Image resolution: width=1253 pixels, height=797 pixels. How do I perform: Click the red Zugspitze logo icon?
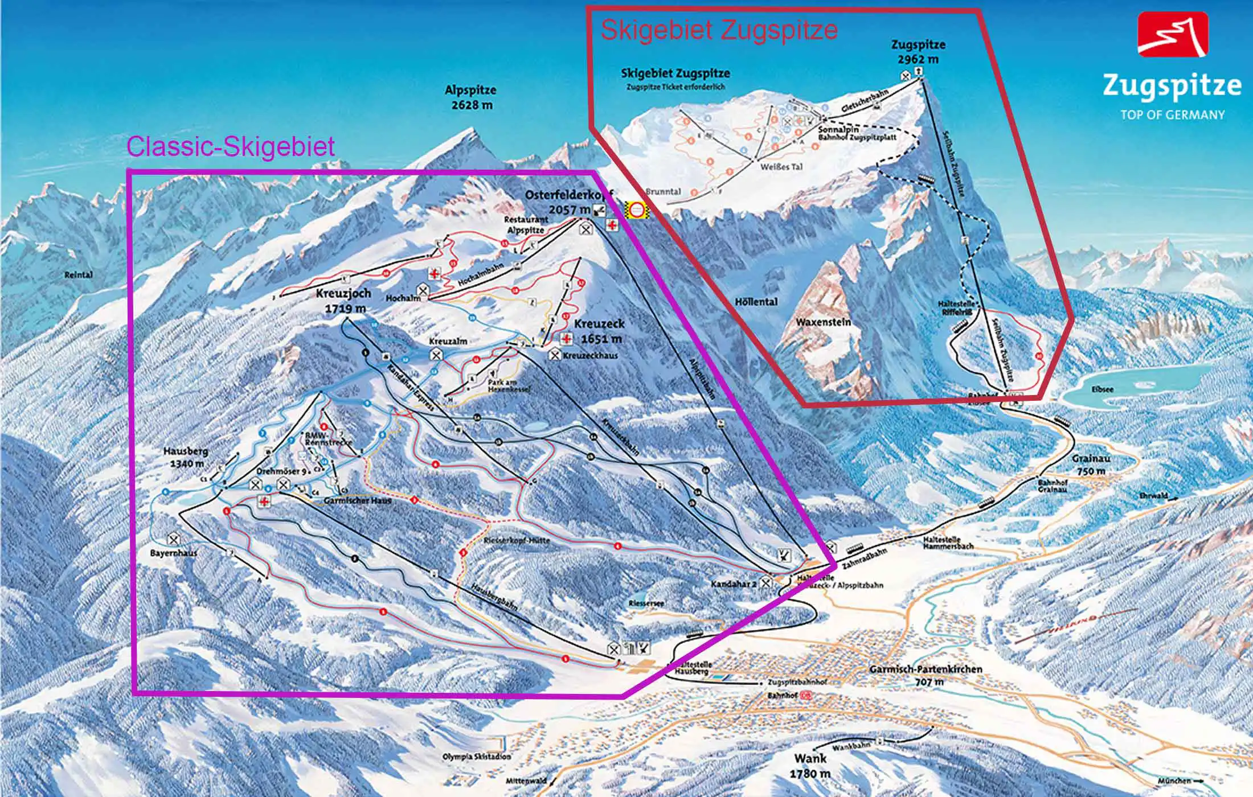pyautogui.click(x=1173, y=34)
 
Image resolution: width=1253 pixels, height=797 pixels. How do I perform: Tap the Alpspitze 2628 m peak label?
pyautogui.click(x=470, y=97)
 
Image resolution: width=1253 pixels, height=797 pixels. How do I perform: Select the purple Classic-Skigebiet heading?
pyautogui.click(x=230, y=146)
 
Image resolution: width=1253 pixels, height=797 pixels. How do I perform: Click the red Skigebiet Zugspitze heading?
pyautogui.click(x=719, y=30)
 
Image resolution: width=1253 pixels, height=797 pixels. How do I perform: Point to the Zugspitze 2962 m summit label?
pyautogui.click(x=918, y=52)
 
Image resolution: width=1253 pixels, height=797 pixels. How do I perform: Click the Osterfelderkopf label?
pyautogui.click(x=568, y=196)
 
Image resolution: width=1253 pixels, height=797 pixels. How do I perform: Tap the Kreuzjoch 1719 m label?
pyautogui.click(x=343, y=301)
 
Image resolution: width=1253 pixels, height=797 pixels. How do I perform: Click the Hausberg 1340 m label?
pyautogui.click(x=186, y=457)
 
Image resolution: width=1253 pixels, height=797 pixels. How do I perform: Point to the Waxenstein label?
pyautogui.click(x=823, y=322)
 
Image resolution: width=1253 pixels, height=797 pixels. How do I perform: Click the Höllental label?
pyautogui.click(x=756, y=302)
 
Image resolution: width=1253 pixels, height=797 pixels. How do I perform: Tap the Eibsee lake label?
pyautogui.click(x=1103, y=389)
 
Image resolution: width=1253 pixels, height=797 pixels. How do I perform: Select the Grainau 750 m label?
pyautogui.click(x=1091, y=465)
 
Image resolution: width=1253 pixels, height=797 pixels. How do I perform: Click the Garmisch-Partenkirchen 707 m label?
pyautogui.click(x=926, y=675)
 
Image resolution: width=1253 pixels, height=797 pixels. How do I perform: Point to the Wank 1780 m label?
pyautogui.click(x=810, y=766)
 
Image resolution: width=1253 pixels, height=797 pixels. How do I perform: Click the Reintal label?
pyautogui.click(x=79, y=275)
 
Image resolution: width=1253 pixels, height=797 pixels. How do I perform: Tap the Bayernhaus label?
pyautogui.click(x=173, y=553)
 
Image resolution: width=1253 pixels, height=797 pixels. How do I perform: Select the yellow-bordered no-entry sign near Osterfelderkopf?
pyautogui.click(x=636, y=210)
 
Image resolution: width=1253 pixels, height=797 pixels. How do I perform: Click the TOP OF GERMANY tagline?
pyautogui.click(x=1172, y=115)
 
